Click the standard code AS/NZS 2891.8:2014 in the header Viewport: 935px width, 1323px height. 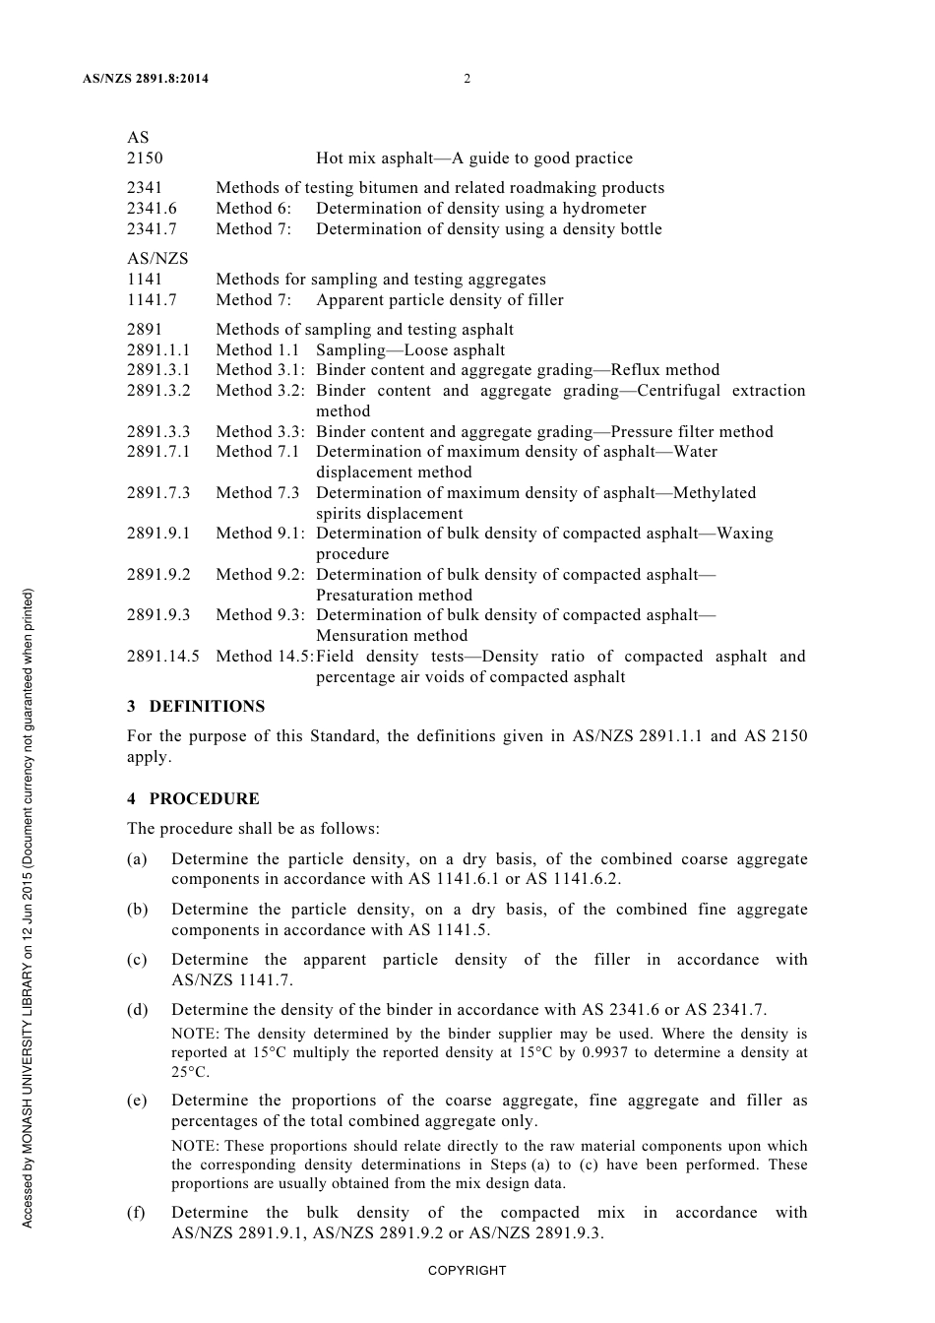click(146, 79)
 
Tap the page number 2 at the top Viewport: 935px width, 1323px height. click(467, 79)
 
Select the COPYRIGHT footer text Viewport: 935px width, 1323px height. click(467, 1270)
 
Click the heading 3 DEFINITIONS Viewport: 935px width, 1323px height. click(196, 707)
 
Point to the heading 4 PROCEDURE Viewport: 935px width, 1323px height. click(193, 799)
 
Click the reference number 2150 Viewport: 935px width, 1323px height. click(145, 158)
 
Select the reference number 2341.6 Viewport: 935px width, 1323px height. click(152, 209)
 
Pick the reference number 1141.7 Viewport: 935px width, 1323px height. click(152, 300)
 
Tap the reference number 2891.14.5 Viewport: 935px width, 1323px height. click(162, 657)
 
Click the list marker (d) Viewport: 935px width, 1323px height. click(138, 1010)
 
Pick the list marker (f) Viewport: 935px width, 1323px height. click(137, 1213)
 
